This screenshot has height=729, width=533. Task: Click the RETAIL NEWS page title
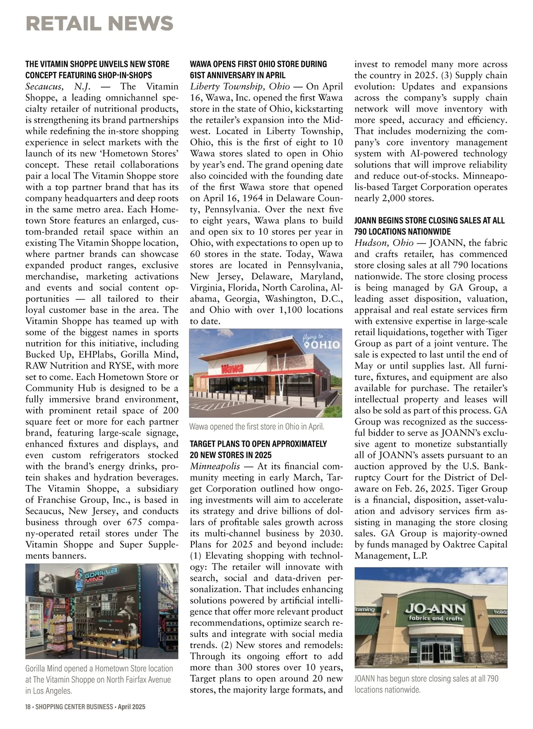coord(99,24)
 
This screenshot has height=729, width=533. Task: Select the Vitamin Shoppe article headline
coord(97,70)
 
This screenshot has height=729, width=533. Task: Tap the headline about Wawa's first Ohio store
coord(259,70)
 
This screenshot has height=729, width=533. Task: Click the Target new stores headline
coord(259,449)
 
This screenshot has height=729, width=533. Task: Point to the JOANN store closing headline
coord(430,226)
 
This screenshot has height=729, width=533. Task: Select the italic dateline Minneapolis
coord(215,466)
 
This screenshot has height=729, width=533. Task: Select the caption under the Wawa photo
coord(257,427)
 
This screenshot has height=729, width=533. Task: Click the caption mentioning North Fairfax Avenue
coord(99,679)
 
